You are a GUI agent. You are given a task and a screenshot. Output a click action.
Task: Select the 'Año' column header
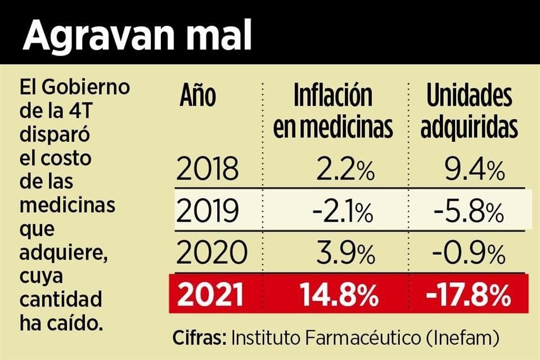tap(197, 96)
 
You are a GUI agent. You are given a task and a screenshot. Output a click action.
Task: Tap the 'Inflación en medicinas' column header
tap(333, 112)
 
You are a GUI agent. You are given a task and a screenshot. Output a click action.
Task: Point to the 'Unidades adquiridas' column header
tap(469, 112)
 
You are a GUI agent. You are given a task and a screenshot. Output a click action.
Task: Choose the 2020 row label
tap(208, 254)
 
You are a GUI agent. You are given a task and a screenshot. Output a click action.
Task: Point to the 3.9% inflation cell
tap(345, 254)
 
